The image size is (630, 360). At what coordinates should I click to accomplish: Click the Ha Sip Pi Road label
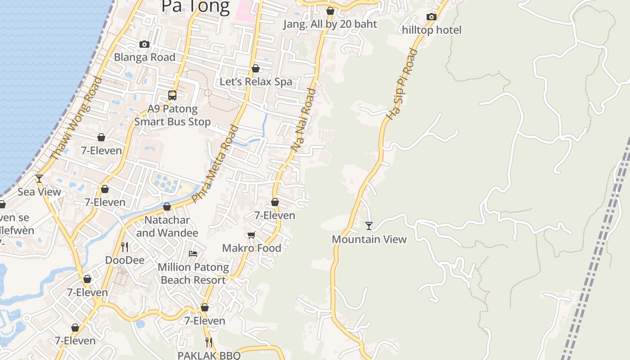(402, 84)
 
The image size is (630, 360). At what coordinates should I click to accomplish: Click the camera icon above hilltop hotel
(431, 17)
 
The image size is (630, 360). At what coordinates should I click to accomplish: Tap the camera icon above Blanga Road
(144, 44)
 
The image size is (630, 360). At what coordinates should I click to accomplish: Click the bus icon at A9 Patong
(172, 95)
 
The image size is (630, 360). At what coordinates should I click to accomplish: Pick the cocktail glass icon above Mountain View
(369, 225)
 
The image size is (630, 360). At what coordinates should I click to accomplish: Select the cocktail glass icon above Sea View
(39, 179)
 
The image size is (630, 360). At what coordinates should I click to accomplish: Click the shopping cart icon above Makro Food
(252, 235)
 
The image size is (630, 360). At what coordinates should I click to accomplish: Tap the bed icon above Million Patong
(193, 254)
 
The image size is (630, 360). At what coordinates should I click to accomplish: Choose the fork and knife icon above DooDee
(125, 247)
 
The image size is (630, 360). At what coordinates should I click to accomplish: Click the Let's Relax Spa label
(256, 82)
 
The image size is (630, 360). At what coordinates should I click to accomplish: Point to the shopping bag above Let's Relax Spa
(256, 68)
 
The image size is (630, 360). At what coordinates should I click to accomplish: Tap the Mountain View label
(369, 239)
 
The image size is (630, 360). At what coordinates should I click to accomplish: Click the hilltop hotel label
(432, 30)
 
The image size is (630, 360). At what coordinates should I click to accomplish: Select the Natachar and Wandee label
(167, 226)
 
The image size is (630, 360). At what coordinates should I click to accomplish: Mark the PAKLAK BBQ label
(209, 355)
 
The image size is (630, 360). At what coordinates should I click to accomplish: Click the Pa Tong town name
(195, 6)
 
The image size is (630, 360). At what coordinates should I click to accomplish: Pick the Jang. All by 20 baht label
(330, 24)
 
